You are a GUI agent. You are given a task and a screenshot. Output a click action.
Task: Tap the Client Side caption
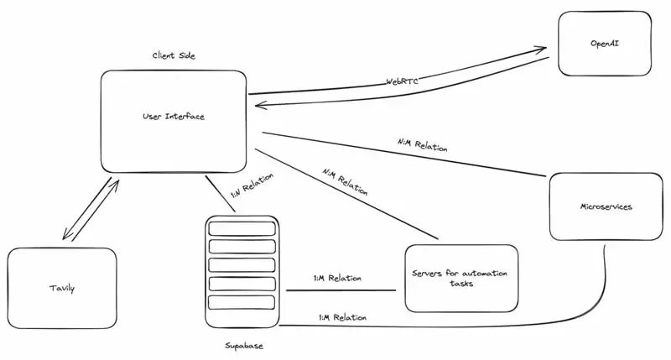click(174, 55)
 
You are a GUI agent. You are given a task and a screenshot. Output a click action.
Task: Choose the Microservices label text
click(606, 206)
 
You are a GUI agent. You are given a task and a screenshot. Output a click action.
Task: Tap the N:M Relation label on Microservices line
click(422, 144)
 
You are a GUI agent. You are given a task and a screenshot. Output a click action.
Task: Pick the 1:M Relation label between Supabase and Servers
click(337, 278)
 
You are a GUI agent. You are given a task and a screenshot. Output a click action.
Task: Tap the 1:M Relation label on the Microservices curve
click(343, 317)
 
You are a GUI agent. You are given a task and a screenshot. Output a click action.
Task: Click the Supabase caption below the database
click(244, 345)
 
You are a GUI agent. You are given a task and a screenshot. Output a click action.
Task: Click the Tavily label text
click(61, 289)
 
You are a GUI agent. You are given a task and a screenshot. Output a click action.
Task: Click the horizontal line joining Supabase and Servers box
click(340, 291)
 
